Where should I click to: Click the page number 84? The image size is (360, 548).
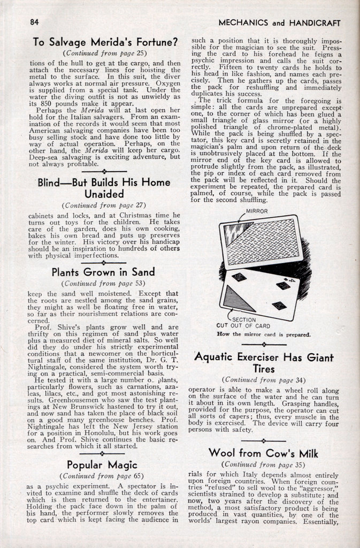click(34, 22)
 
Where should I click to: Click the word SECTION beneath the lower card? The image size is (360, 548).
click(244, 319)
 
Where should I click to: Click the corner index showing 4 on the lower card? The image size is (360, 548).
click(289, 280)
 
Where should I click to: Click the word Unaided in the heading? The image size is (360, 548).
click(104, 194)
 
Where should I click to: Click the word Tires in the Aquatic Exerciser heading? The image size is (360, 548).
click(264, 369)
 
